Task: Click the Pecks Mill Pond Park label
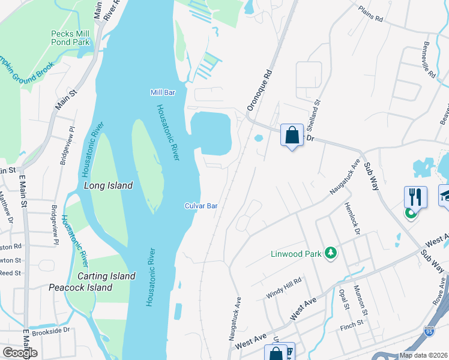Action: [70, 38]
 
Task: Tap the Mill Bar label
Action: [162, 92]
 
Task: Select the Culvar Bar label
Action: [200, 206]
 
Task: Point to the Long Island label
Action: [108, 186]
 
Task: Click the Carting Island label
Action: [106, 276]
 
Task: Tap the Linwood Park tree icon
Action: [329, 254]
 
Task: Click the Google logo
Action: [20, 353]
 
